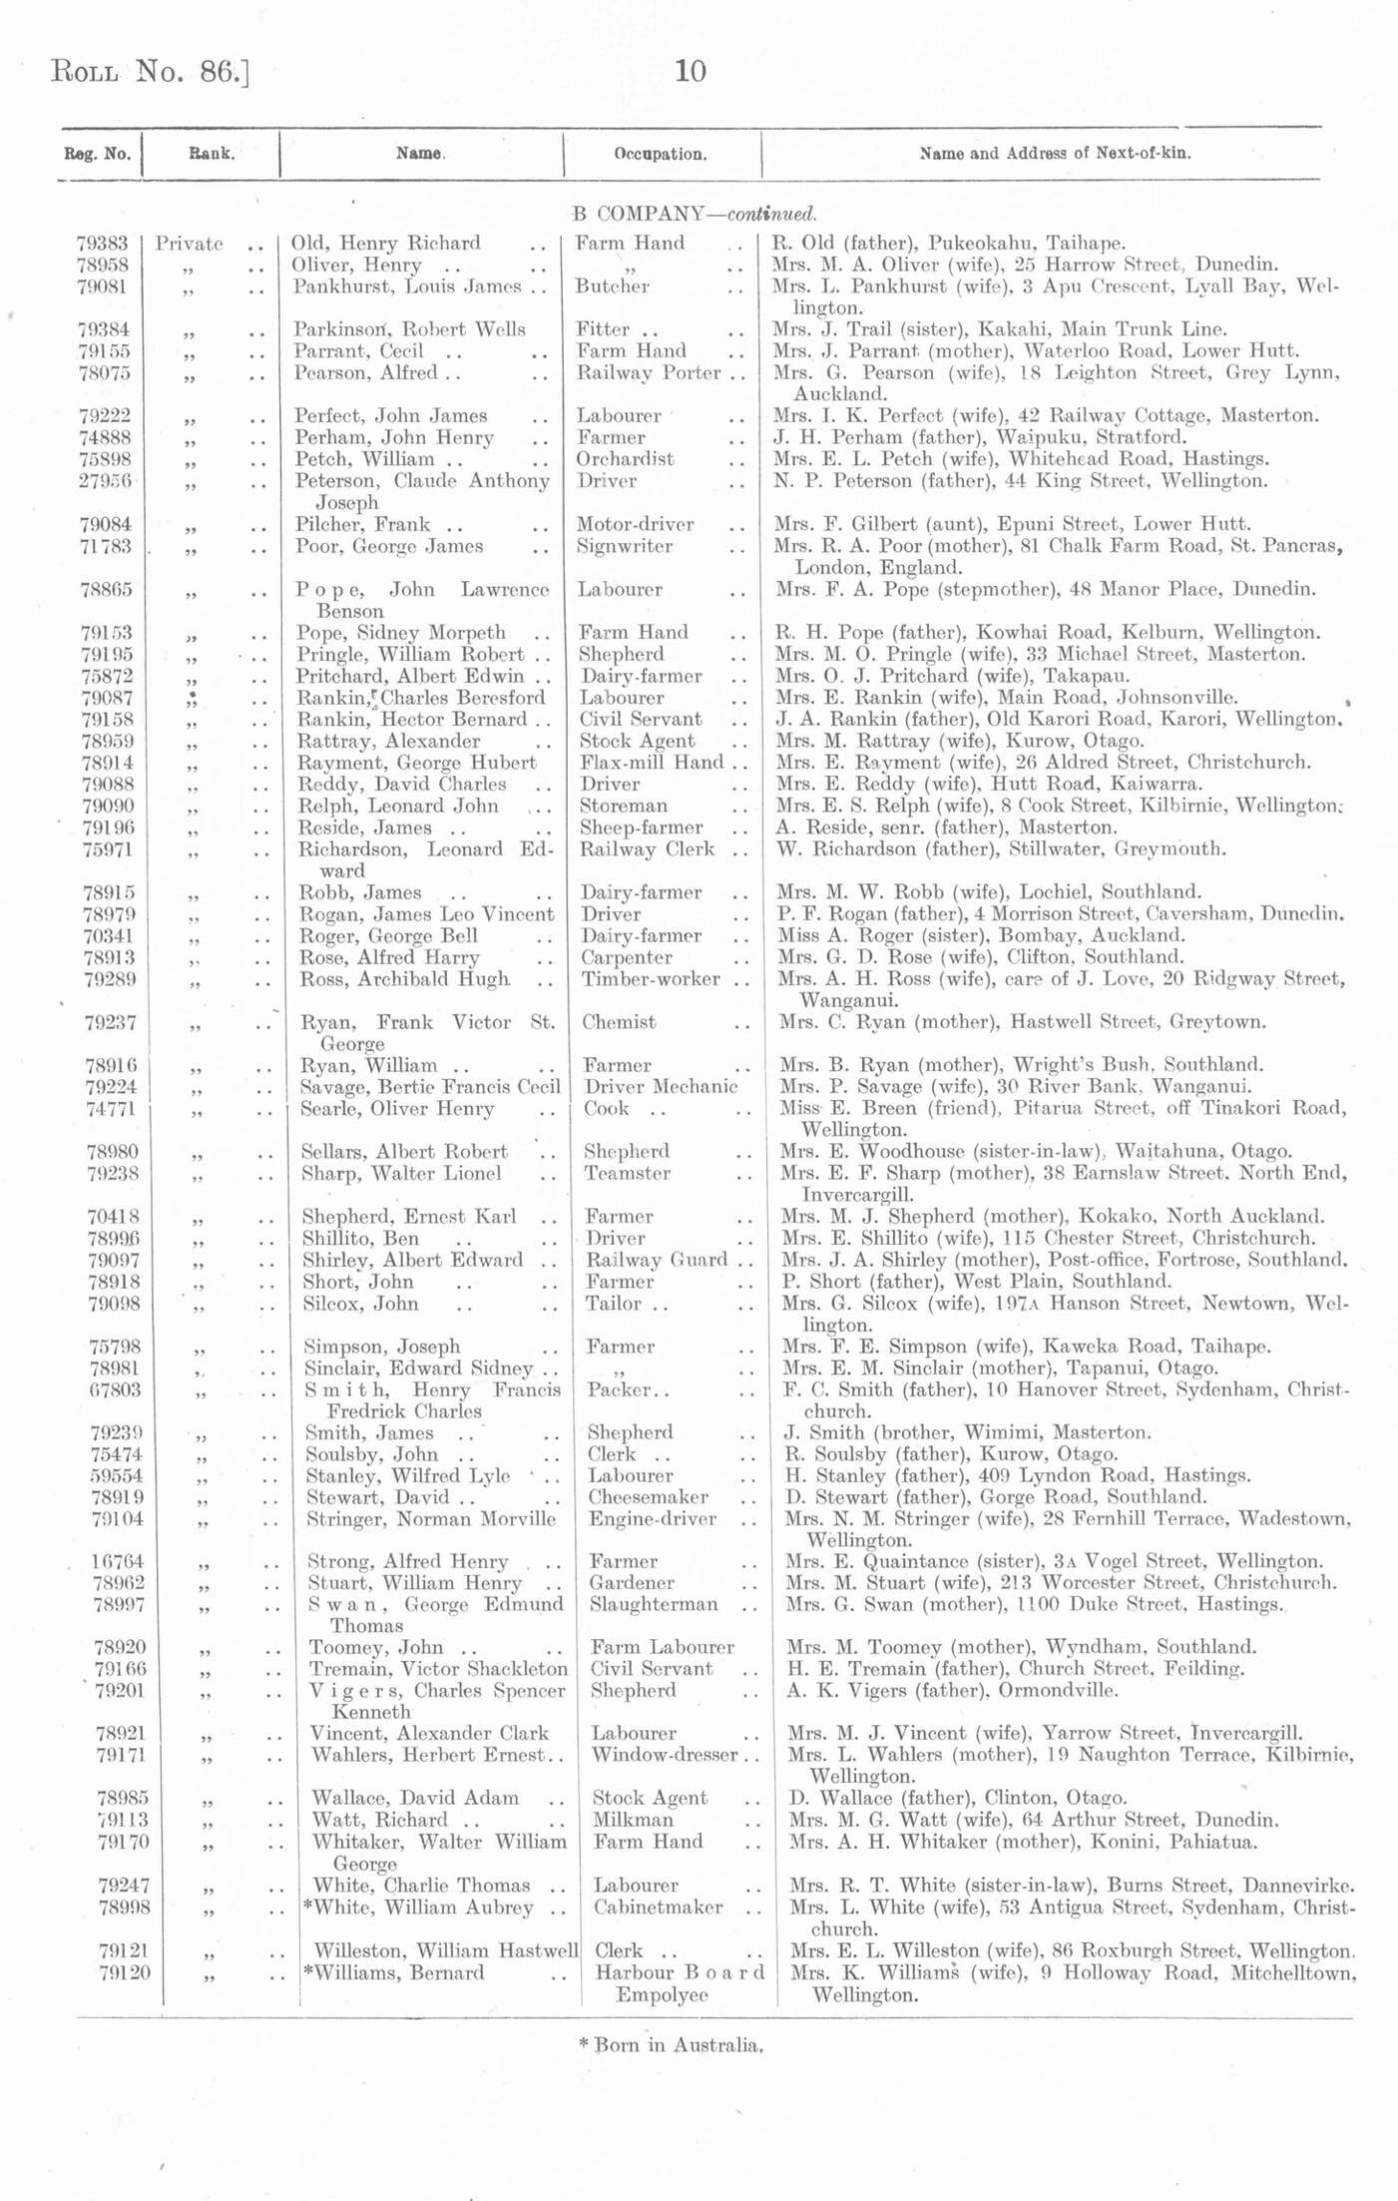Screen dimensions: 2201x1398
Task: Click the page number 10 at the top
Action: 691,71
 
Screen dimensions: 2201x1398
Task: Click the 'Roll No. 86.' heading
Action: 149,73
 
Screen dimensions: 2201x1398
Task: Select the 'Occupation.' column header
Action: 661,154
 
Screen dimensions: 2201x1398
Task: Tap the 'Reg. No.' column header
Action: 97,154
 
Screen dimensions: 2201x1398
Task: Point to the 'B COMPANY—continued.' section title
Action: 695,214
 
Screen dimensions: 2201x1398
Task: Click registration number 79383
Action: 102,243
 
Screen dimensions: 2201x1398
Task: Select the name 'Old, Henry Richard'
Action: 385,243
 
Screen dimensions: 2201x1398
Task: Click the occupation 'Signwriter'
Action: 625,546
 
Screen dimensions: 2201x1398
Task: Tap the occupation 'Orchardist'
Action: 625,459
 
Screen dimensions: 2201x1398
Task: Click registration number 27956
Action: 104,481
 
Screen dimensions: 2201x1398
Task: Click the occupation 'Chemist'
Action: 620,1022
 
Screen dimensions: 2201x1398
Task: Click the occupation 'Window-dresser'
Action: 665,1755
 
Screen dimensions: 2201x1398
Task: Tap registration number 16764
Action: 118,1561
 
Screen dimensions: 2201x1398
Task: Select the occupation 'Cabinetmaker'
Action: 658,1908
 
